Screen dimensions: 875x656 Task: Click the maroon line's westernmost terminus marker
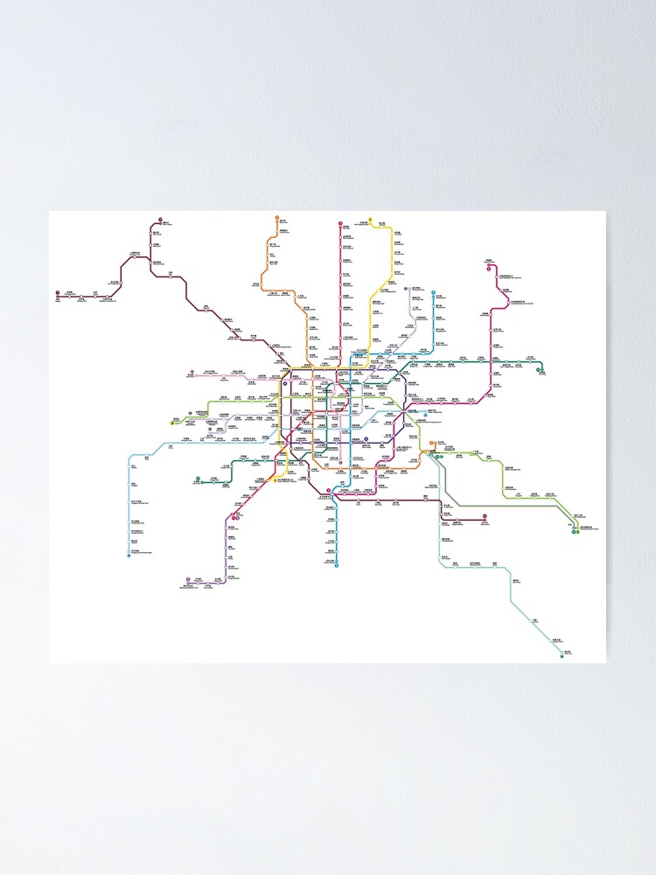(58, 294)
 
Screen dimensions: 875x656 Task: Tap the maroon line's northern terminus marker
(162, 221)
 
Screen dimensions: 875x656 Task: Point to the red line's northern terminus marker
(339, 224)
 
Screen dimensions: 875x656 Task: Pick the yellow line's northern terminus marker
(371, 220)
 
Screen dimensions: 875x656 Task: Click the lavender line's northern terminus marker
(407, 289)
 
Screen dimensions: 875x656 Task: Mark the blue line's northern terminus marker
(434, 292)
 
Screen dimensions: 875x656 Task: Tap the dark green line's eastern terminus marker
(541, 370)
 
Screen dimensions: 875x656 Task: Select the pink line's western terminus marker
(190, 376)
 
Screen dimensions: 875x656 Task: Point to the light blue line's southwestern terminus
(129, 555)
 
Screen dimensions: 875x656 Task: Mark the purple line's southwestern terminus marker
(188, 579)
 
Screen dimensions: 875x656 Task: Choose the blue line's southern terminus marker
(336, 566)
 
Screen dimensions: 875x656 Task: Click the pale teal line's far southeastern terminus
(562, 654)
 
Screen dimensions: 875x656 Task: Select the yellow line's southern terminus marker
(276, 480)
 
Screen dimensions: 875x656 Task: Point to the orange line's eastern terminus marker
(432, 444)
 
